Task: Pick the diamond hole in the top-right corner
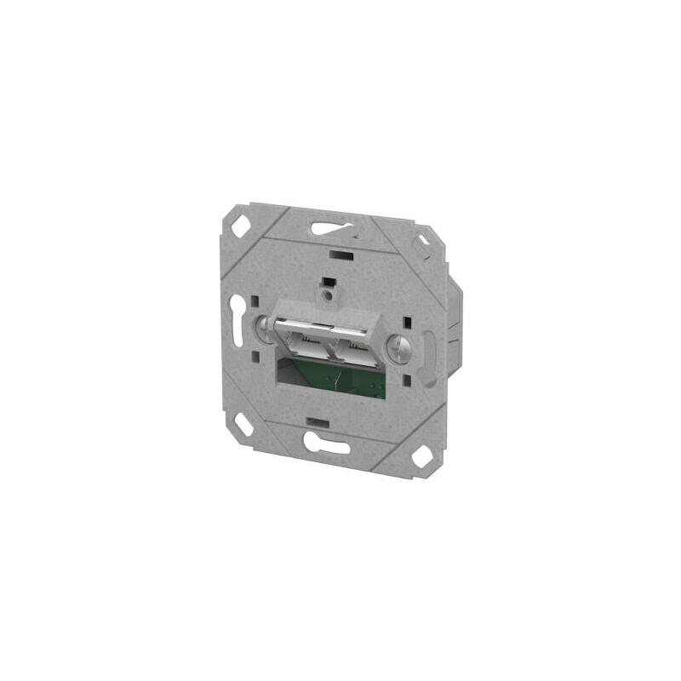tap(421, 245)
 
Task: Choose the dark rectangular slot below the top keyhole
tap(340, 254)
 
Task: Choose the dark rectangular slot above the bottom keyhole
tap(318, 422)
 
